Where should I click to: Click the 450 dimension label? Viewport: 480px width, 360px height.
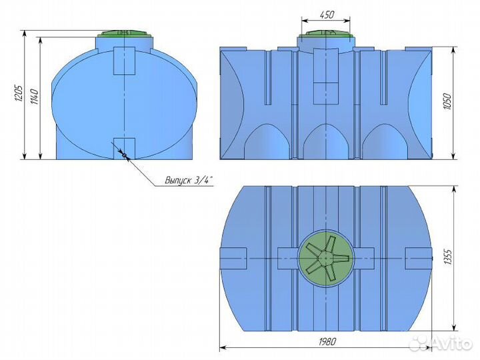point(327,15)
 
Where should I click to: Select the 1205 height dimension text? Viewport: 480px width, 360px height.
point(19,93)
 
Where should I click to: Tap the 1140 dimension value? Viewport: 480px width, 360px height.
point(35,97)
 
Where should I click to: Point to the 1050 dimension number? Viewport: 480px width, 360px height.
point(447,101)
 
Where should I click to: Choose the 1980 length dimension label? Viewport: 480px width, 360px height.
point(326,341)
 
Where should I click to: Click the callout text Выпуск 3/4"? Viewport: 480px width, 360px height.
point(189,180)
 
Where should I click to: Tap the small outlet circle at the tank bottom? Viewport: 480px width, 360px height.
point(124,155)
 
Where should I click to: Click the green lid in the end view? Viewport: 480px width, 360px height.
point(124,33)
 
